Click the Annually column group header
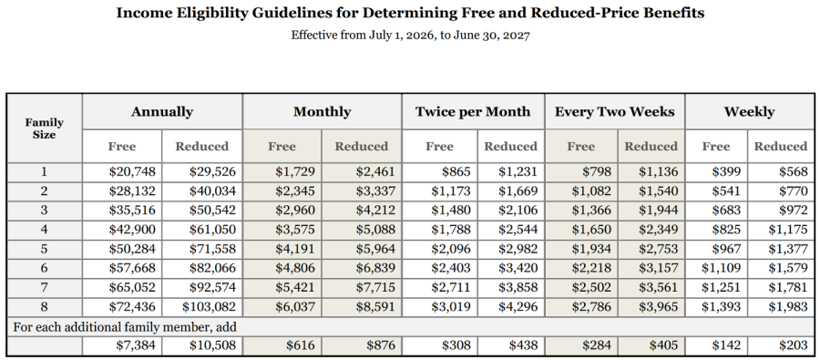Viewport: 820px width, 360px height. click(x=162, y=112)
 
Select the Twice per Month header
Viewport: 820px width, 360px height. click(x=473, y=112)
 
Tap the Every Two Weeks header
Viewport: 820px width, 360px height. click(x=614, y=112)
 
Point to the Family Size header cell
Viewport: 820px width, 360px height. click(x=44, y=129)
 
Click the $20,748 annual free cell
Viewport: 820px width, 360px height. click(x=132, y=171)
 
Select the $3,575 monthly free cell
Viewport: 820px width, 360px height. click(x=295, y=229)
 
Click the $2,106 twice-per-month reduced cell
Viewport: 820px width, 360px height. click(x=518, y=210)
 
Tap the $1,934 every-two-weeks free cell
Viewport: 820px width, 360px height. click(x=591, y=249)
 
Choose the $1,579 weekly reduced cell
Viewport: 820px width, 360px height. click(x=787, y=268)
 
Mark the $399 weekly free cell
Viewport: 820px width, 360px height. click(x=726, y=171)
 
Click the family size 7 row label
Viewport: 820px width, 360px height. click(x=44, y=287)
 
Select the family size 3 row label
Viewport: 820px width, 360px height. click(x=44, y=211)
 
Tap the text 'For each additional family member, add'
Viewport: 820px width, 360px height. click(x=125, y=327)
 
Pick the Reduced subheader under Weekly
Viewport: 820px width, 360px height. click(x=780, y=147)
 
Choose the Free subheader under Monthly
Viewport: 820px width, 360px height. click(x=282, y=147)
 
